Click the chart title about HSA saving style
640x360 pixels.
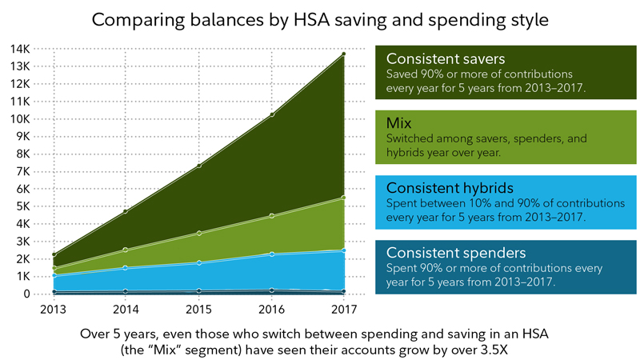point(319,19)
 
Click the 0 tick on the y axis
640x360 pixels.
point(26,294)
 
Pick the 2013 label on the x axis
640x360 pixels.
point(53,308)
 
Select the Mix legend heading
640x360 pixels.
point(400,124)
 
